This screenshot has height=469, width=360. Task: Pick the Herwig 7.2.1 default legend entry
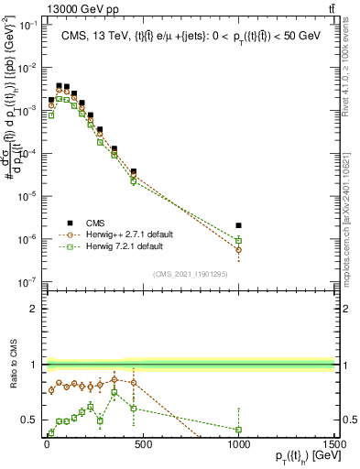[127, 246]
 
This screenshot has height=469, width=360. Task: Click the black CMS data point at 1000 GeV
[238, 224]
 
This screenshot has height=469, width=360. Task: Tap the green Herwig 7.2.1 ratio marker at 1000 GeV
[238, 429]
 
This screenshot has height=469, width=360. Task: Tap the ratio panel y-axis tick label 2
[32, 308]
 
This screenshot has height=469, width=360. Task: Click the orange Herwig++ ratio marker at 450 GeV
[134, 383]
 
